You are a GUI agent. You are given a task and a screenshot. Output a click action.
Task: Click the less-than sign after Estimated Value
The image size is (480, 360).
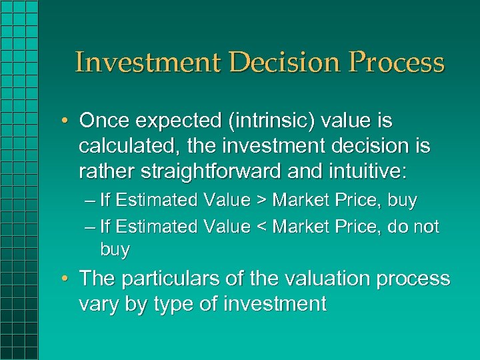pyautogui.click(x=262, y=227)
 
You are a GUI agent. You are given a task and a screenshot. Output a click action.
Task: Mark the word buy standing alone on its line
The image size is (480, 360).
pyautogui.click(x=115, y=251)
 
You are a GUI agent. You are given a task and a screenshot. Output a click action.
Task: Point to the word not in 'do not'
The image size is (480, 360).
pyautogui.click(x=425, y=227)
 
